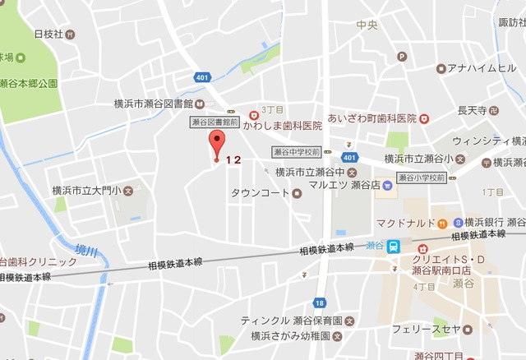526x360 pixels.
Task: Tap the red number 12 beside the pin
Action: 233,159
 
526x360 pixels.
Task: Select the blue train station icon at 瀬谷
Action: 395,245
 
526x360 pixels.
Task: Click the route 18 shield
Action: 318,302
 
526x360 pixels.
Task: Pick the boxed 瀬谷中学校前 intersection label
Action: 295,152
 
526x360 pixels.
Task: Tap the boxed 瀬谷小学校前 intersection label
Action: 420,177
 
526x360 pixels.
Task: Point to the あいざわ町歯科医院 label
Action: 371,118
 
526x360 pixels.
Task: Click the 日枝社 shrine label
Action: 48,34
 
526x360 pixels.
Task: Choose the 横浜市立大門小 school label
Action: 86,191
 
